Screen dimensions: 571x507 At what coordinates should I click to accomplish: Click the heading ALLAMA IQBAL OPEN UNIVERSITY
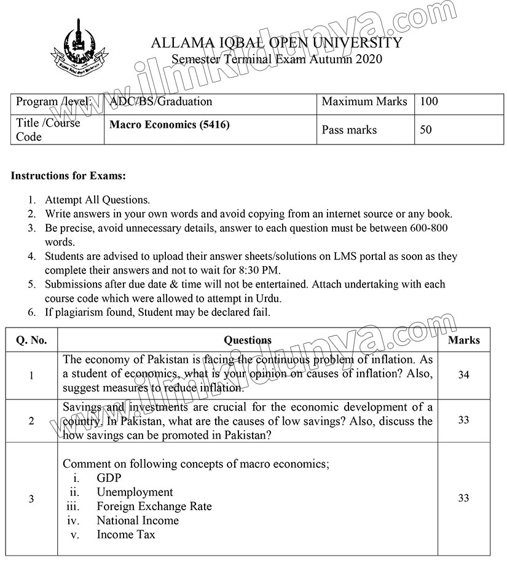click(x=276, y=42)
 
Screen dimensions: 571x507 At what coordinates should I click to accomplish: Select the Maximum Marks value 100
click(x=429, y=101)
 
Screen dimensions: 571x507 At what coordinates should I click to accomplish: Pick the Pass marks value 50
click(x=425, y=130)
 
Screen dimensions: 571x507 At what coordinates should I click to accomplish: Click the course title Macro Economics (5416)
click(x=170, y=125)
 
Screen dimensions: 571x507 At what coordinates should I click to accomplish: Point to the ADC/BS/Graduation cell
click(x=161, y=101)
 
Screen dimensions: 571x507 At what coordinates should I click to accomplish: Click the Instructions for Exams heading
click(x=68, y=176)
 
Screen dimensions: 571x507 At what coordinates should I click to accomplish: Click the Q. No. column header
click(x=31, y=340)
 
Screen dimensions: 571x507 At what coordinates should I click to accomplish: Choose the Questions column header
click(x=248, y=340)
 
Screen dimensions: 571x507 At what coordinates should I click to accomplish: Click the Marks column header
click(x=464, y=340)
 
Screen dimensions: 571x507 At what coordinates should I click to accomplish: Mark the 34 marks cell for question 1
click(x=463, y=375)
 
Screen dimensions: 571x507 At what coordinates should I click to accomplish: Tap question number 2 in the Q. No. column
click(x=31, y=421)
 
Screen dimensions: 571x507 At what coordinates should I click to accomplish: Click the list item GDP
click(x=109, y=478)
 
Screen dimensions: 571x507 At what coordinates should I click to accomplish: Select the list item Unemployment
click(x=135, y=492)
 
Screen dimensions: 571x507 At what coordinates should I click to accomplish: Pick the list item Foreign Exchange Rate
click(x=154, y=506)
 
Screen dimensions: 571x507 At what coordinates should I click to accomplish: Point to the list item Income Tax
click(x=126, y=534)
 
